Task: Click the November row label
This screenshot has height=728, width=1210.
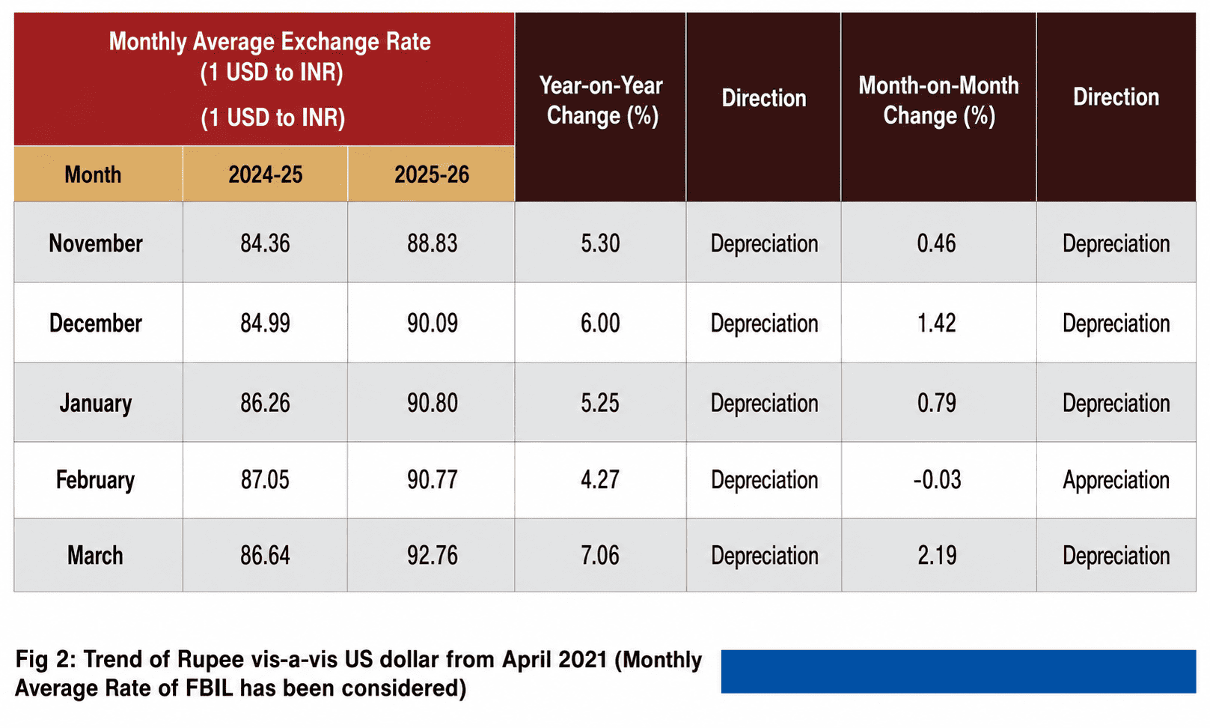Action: (x=96, y=243)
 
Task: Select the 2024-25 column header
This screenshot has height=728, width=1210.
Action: (x=265, y=175)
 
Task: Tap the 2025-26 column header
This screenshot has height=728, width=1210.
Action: (x=432, y=175)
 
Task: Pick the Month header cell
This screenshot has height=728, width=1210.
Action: (x=93, y=175)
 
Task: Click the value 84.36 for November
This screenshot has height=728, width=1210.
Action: (x=265, y=243)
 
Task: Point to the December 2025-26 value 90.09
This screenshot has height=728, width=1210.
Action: (x=433, y=323)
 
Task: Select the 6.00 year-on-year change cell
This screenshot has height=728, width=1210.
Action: (x=600, y=323)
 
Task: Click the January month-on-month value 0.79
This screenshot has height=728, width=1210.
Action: (x=937, y=403)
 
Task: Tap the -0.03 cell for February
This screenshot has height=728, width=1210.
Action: (x=937, y=480)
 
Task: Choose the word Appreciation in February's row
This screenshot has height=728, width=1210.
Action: (x=1116, y=480)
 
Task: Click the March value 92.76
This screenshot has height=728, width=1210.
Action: (x=433, y=556)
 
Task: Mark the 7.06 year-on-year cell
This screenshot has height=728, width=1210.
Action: (x=600, y=556)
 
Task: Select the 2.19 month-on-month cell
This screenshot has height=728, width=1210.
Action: (x=937, y=556)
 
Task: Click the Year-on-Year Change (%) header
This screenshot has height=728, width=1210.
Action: (x=601, y=101)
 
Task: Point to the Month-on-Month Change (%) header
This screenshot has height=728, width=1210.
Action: (x=939, y=101)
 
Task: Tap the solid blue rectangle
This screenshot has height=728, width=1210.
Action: (x=959, y=671)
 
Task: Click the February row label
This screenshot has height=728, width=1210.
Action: (x=95, y=480)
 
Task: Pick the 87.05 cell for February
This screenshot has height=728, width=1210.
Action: (x=265, y=480)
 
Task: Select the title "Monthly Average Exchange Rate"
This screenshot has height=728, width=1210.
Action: (x=270, y=42)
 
